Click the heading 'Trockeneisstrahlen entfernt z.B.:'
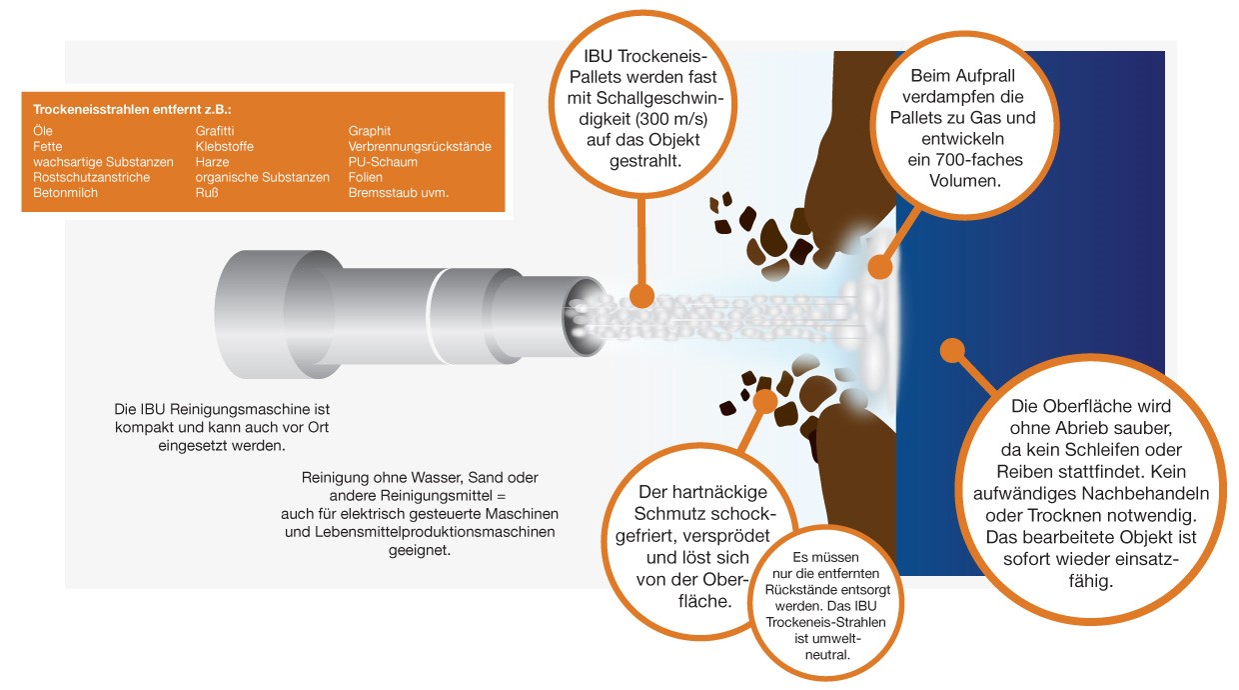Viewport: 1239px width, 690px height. tap(132, 109)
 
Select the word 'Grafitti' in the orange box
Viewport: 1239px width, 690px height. tap(215, 131)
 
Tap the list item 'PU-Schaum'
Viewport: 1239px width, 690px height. tap(383, 162)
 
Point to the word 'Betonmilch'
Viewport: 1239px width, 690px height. tap(65, 193)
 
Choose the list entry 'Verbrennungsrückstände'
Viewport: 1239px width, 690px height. tap(420, 146)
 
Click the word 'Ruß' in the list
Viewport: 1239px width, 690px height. tap(207, 193)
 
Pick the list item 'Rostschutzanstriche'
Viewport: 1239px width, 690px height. tap(91, 177)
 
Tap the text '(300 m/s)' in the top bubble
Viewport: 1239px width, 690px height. tap(670, 119)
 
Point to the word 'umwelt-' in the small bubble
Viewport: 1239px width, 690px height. tap(827, 638)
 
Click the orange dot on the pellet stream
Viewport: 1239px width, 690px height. tap(641, 296)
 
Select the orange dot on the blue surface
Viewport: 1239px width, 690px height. tap(952, 351)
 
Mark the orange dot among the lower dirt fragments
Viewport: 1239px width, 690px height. tap(765, 401)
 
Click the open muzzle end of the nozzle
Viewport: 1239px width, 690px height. tap(586, 316)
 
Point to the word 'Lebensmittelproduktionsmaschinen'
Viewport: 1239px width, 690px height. tap(435, 532)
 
